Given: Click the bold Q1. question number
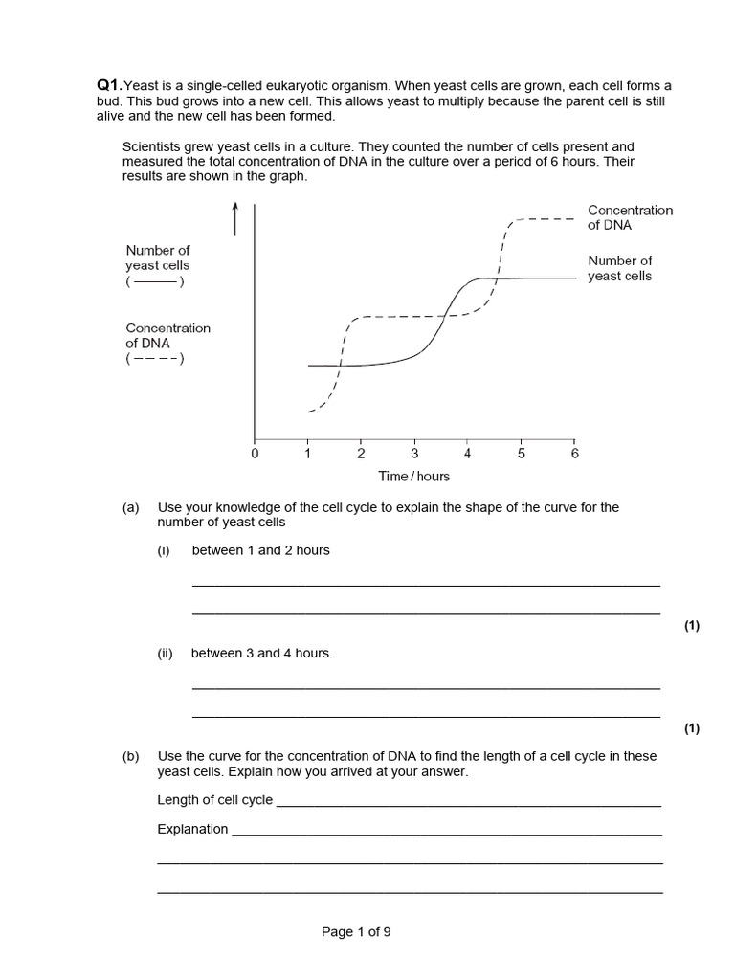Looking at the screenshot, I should pos(110,85).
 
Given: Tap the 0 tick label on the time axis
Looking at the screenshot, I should pos(255,454).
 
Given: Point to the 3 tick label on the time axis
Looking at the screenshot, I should pos(414,454).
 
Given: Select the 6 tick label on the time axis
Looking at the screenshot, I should pos(574,454).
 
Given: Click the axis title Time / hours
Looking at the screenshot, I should pos(414,476).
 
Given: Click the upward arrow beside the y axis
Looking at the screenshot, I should pos(234,219).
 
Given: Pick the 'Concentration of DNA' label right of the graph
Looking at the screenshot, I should pos(630,217).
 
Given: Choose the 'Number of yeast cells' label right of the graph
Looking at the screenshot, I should pos(619,268).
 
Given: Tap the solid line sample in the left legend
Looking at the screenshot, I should pos(154,281).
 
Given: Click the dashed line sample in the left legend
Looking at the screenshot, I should pos(154,359).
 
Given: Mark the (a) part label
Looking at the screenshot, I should pos(131,507).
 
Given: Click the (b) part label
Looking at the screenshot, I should pos(131,756).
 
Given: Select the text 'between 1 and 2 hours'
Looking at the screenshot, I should pos(260,550).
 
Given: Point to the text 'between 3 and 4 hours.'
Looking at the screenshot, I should pos(261,653).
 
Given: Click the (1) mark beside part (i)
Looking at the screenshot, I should pos(692,626).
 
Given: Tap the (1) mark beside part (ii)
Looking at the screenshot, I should pos(692,728).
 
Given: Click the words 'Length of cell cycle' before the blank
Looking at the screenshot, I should pos(214,800).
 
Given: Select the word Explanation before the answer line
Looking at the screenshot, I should pos(192,829).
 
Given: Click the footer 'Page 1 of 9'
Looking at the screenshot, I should pos(356,932).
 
